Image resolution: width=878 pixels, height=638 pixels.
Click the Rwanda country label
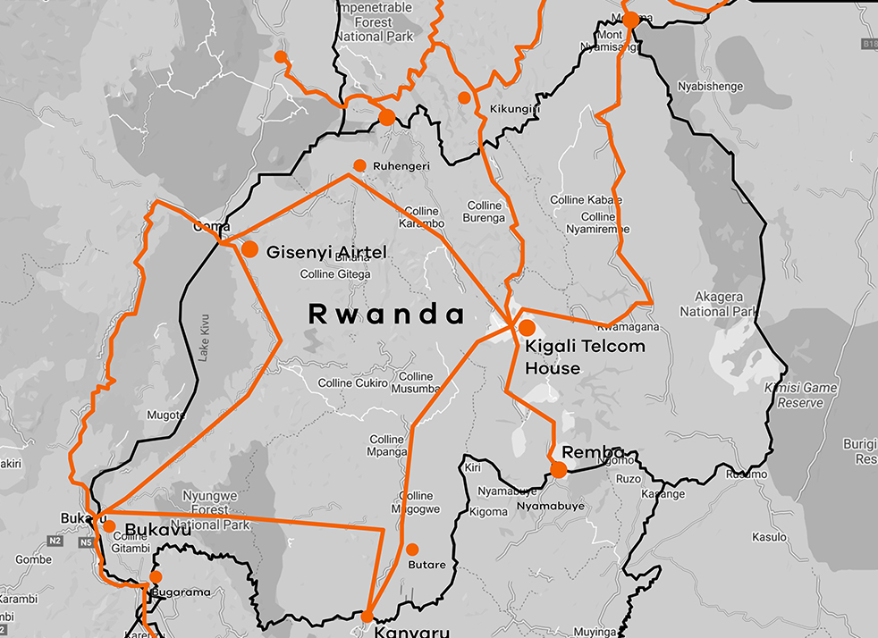click(x=386, y=315)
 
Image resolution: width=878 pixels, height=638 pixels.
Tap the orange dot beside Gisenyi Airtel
click(x=249, y=250)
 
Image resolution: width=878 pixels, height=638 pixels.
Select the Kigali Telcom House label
click(x=585, y=357)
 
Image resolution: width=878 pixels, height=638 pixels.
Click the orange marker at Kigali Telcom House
click(x=527, y=328)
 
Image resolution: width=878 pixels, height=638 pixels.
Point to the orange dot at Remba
click(x=559, y=470)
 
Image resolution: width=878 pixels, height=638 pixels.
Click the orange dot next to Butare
click(x=412, y=550)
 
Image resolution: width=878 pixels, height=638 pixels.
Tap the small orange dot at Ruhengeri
click(x=359, y=165)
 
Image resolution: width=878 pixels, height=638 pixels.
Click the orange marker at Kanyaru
click(x=367, y=617)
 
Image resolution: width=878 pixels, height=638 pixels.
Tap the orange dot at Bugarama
click(x=156, y=577)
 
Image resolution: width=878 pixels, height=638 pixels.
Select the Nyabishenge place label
click(x=711, y=87)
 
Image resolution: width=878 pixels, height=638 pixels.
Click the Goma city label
click(x=212, y=227)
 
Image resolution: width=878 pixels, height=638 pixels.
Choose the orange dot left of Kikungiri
click(x=464, y=97)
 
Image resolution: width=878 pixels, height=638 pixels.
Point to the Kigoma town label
click(x=488, y=512)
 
